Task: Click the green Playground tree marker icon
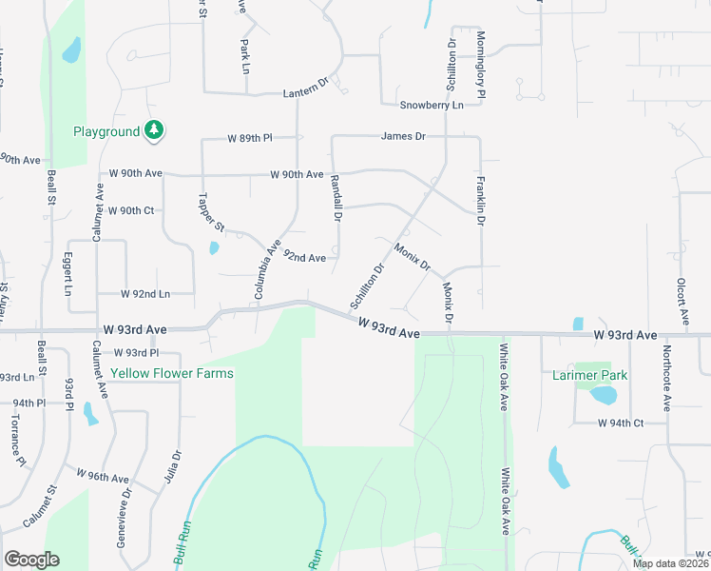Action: [154, 130]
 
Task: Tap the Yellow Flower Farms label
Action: [172, 373]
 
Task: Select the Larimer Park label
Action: [590, 375]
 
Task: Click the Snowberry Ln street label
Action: [431, 105]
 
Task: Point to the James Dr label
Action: [403, 136]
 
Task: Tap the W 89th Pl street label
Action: [249, 138]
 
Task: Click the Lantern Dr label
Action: [305, 92]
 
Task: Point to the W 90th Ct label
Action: [131, 210]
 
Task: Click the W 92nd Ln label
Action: [145, 294]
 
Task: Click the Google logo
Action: [31, 560]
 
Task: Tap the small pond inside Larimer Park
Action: [604, 394]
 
